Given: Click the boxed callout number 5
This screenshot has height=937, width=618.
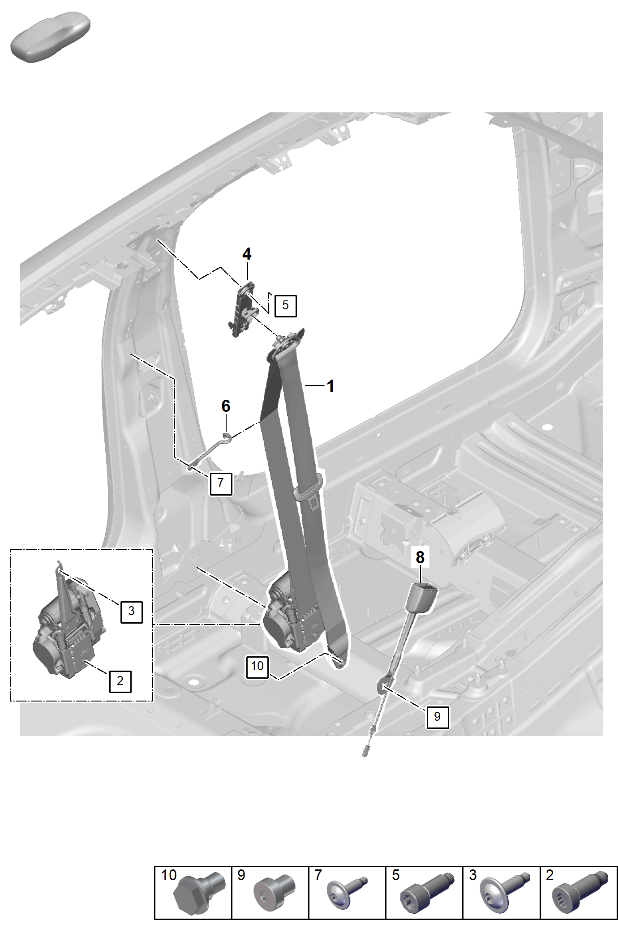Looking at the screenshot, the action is point(285,306).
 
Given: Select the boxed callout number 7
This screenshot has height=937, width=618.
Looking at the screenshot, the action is point(221,483).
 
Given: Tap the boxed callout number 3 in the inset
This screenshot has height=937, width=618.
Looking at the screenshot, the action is point(131,611).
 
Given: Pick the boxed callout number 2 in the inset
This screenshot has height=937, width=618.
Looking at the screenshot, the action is point(120,681).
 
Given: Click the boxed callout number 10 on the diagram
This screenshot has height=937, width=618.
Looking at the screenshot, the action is point(257,666).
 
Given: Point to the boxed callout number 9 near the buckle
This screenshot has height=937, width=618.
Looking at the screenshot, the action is point(437,717).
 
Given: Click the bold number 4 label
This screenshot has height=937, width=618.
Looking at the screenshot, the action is point(247,254).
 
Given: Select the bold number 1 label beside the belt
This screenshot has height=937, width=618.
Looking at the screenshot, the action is point(330,386).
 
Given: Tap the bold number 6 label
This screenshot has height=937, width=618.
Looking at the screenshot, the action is point(226,406).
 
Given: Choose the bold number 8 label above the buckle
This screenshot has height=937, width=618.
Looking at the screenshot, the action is point(420,557).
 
